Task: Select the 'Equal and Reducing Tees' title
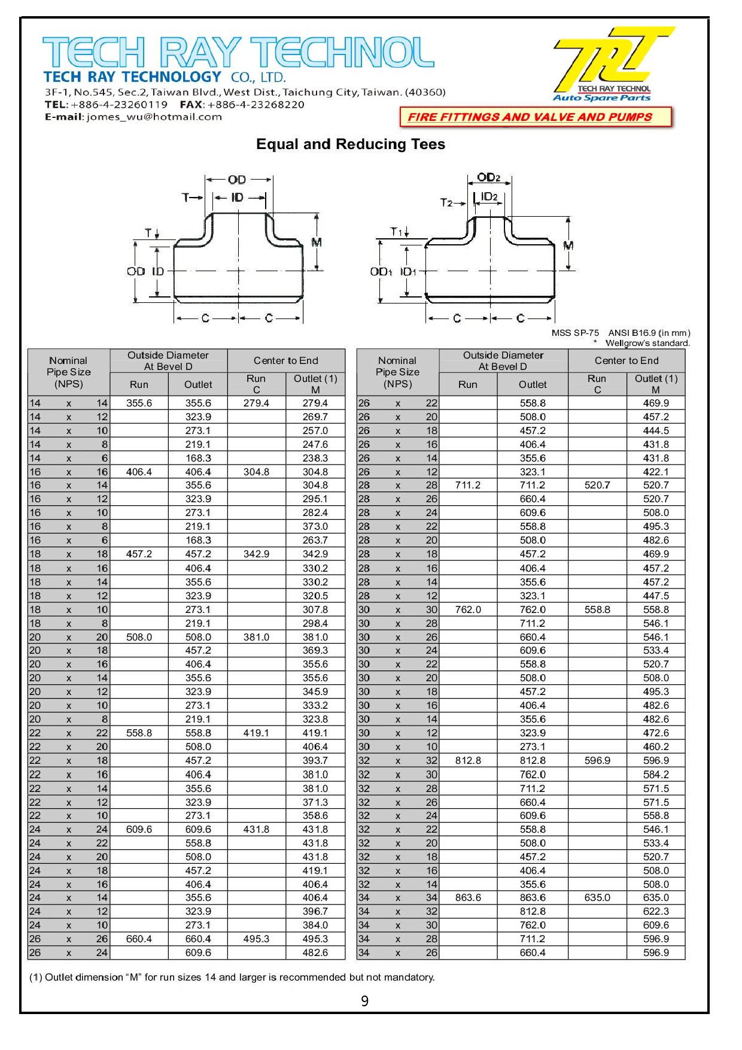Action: [x=351, y=144]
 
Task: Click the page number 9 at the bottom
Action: [x=365, y=1001]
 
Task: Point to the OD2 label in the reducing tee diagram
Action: [x=488, y=178]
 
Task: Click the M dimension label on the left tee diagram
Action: [x=317, y=242]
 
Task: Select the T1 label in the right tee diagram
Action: [x=396, y=232]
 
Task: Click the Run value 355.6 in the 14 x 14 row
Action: [x=139, y=403]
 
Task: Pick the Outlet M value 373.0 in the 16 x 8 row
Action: [x=315, y=527]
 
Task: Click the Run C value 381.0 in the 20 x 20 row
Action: [x=256, y=637]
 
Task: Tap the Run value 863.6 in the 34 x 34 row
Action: [x=467, y=898]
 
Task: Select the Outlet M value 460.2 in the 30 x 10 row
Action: [x=656, y=747]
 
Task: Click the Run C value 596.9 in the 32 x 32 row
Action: [x=597, y=761]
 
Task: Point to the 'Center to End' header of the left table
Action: [x=286, y=360]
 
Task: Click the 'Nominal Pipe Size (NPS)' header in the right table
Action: [x=397, y=372]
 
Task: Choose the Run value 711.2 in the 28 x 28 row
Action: [x=467, y=485]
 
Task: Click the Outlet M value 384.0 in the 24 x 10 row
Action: [x=315, y=925]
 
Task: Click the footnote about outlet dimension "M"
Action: [x=232, y=978]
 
